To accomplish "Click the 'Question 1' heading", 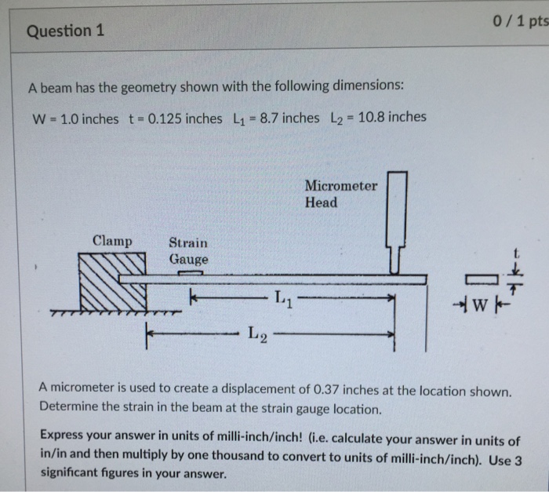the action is pyautogui.click(x=65, y=31).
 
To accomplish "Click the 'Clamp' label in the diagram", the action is pyautogui.click(x=112, y=241).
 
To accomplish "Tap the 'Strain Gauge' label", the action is pyautogui.click(x=189, y=251).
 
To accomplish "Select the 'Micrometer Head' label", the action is pyautogui.click(x=340, y=195).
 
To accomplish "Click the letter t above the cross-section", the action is pyautogui.click(x=515, y=253).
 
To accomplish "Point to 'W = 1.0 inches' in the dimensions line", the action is pyautogui.click(x=75, y=118).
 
